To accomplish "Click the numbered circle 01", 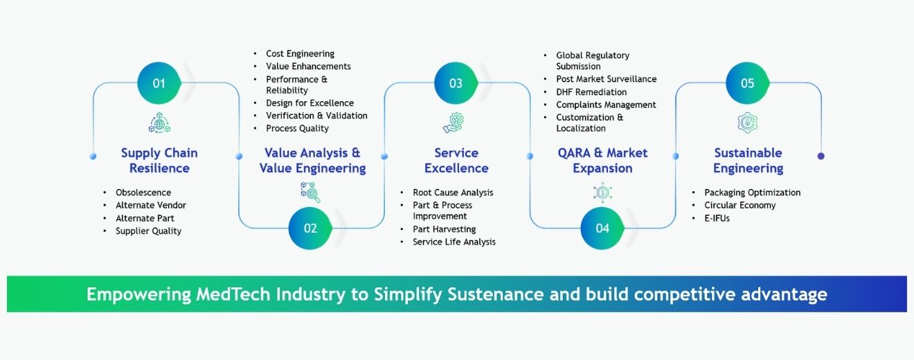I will tap(159, 83).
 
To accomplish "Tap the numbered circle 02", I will tap(310, 228).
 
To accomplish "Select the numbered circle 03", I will tap(455, 83).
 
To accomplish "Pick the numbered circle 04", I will tap(602, 228).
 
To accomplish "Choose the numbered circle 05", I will tap(747, 83).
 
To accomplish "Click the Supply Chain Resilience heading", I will tap(159, 161).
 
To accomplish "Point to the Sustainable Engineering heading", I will tap(748, 161).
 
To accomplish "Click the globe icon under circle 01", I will tap(159, 123).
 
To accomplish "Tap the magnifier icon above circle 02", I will tap(310, 192).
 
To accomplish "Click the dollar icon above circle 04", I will tap(601, 192).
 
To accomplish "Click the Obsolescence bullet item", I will tap(143, 192).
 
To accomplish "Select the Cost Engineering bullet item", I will tap(300, 53).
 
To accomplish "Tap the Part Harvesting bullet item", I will tap(444, 229).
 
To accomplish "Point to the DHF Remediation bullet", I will tap(591, 92).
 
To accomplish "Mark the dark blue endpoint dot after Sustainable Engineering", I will tap(821, 156).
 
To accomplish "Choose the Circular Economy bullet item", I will tap(740, 205).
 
